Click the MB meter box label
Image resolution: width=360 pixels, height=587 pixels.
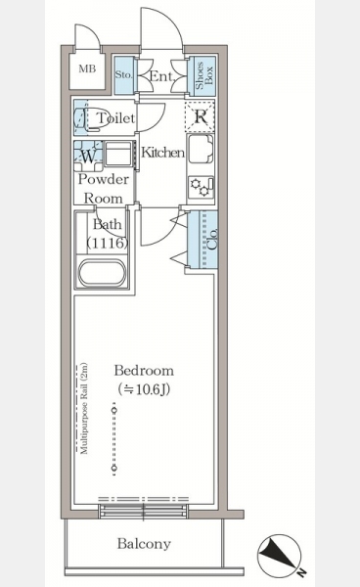pos(87,68)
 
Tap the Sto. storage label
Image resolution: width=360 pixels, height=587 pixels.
pos(123,74)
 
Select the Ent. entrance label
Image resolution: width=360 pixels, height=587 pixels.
pos(162,76)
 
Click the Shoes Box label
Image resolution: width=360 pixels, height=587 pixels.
pos(203,75)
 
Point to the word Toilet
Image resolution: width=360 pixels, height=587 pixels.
pos(116,118)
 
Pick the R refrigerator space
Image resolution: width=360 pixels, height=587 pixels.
pos(201,116)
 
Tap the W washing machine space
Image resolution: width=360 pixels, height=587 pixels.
pos(88,156)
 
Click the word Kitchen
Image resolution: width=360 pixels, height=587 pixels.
pos(162,153)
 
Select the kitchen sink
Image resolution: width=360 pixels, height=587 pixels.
pos(201,150)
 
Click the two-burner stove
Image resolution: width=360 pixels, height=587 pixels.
pos(201,187)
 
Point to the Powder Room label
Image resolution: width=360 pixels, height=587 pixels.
pos(104,189)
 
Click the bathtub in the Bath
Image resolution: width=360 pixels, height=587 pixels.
pos(102,273)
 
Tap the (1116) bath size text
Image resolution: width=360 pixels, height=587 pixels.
pos(108,243)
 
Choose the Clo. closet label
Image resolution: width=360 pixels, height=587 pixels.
pos(212,239)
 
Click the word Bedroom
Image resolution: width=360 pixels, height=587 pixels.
pos(144,371)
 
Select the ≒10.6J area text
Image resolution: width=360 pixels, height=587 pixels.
pos(144,389)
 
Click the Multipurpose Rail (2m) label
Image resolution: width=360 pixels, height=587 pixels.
pos(84,408)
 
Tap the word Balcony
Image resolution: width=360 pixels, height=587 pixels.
pos(144,544)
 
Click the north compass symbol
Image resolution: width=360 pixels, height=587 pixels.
pos(280,557)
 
